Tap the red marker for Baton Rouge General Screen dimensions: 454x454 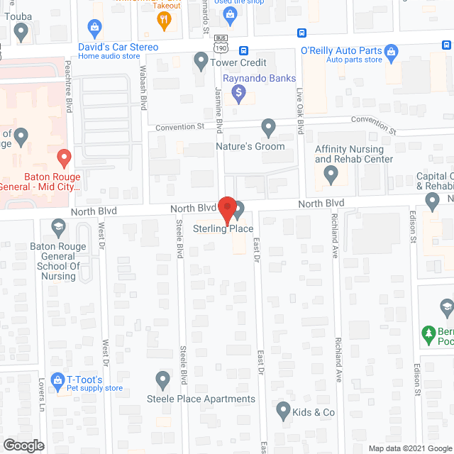(x=64, y=157)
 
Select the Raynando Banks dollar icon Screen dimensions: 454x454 (x=239, y=92)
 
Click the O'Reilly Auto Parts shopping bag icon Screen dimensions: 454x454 (x=390, y=51)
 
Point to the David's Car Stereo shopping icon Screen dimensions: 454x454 (x=94, y=28)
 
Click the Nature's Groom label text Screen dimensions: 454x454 (x=250, y=146)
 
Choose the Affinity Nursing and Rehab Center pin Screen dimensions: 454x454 (x=331, y=176)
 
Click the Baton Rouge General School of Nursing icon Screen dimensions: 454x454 (x=59, y=227)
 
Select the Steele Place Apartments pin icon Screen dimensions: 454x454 (x=162, y=380)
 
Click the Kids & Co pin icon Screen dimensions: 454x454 (x=283, y=410)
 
